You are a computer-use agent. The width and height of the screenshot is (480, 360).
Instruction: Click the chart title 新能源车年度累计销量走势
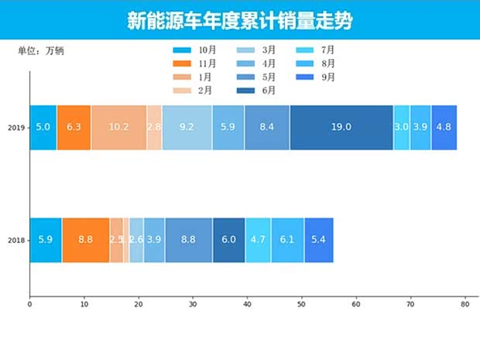click(239, 21)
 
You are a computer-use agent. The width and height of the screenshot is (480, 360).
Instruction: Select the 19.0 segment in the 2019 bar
click(341, 127)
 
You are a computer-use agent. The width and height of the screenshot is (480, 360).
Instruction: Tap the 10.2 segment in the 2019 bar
click(119, 127)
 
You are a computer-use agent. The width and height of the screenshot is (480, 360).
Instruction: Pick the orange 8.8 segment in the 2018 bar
click(86, 240)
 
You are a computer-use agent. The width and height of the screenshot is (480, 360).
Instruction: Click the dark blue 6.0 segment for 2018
click(228, 240)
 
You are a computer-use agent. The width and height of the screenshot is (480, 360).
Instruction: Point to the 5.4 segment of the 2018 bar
click(318, 240)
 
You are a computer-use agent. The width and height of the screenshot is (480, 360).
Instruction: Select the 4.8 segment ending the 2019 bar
click(444, 127)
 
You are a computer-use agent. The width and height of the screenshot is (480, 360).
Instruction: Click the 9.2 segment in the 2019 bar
click(187, 127)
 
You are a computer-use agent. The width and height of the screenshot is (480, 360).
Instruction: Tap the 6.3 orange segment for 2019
click(74, 127)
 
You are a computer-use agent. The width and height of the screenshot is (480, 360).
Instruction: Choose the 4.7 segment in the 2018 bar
click(258, 240)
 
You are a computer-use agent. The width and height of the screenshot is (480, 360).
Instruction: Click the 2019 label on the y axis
click(15, 128)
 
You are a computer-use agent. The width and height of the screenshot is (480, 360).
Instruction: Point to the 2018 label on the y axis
click(15, 241)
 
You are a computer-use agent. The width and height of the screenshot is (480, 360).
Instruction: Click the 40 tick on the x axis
click(247, 305)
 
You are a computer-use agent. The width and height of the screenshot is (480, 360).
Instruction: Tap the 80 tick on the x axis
click(465, 305)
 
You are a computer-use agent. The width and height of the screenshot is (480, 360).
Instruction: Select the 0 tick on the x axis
click(29, 305)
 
